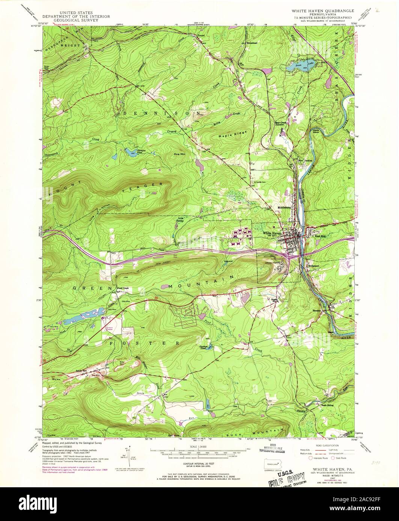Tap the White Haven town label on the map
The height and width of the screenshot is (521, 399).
tap(272, 233)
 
